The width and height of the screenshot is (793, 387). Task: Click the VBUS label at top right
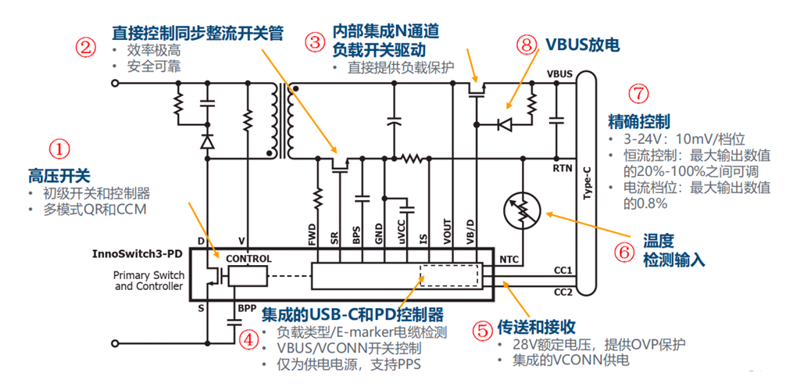point(560,73)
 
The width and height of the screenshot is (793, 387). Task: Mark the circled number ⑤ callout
point(484,329)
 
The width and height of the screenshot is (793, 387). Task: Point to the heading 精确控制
point(638,122)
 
